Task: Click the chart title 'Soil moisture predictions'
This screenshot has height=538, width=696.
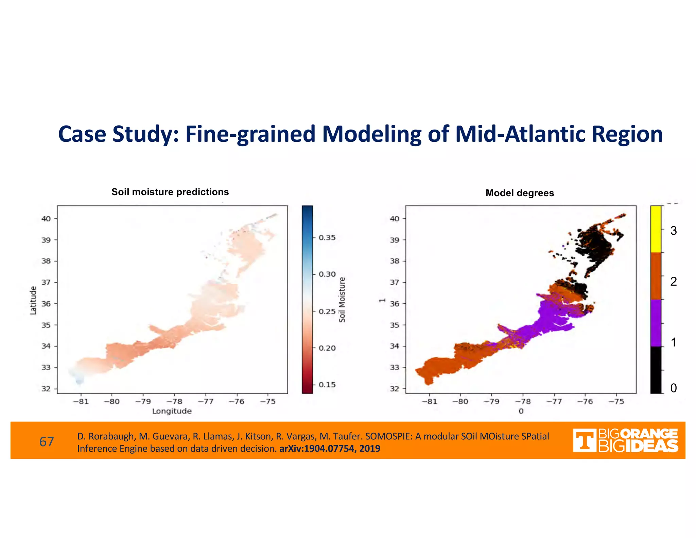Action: (170, 192)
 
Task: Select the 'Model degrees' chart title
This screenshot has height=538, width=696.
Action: (520, 193)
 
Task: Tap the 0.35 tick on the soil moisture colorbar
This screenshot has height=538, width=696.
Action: (327, 237)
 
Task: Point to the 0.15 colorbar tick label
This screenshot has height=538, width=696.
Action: (327, 385)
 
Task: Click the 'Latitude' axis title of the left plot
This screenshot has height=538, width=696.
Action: (33, 300)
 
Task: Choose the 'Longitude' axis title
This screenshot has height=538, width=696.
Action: (172, 411)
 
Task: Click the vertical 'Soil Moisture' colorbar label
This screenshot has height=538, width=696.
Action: (342, 300)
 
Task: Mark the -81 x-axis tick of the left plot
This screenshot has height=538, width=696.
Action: (81, 402)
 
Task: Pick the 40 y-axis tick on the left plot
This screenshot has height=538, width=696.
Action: (46, 219)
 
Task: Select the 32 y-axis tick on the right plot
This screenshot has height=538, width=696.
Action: (394, 389)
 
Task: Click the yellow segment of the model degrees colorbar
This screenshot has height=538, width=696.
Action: (656, 229)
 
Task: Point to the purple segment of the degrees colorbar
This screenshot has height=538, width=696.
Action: (656, 323)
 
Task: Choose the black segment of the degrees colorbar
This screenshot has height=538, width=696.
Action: (656, 370)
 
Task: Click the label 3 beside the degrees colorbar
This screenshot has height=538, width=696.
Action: (674, 231)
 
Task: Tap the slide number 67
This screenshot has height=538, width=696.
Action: (47, 442)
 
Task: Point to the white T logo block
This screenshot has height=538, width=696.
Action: (584, 440)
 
